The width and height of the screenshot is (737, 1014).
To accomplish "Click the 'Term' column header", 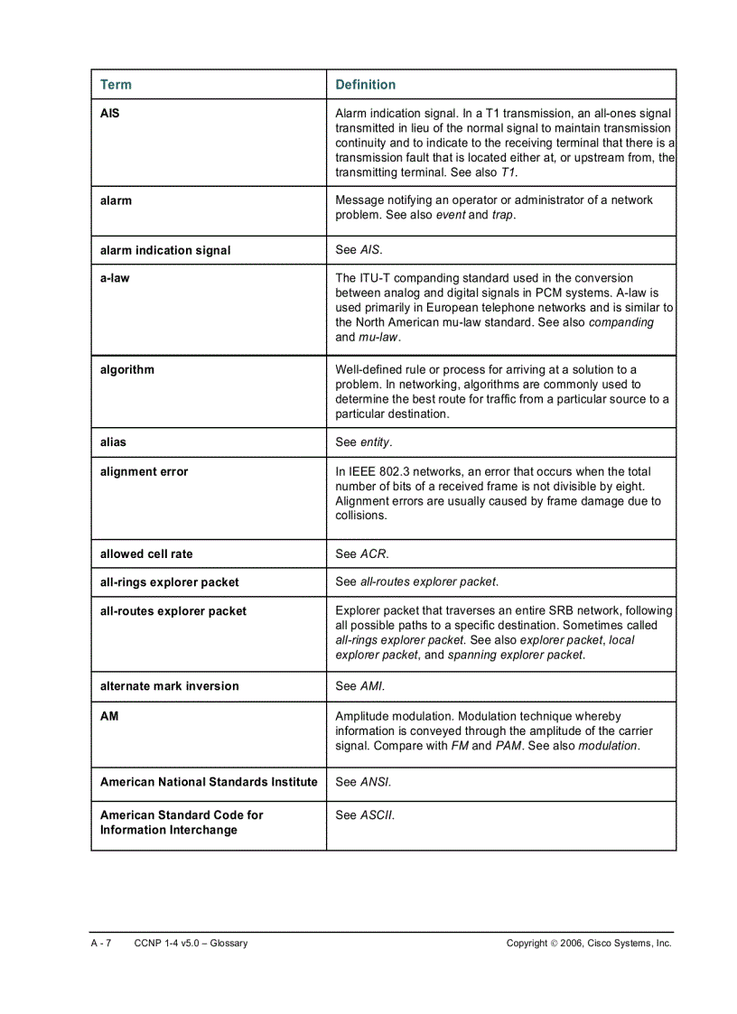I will (x=116, y=85).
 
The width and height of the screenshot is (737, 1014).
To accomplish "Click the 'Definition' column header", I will (x=365, y=85).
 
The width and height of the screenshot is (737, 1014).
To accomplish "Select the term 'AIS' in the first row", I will (x=109, y=114).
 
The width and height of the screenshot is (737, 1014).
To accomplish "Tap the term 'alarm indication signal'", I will (x=165, y=250).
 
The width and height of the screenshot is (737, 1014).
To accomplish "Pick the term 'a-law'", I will (x=115, y=278).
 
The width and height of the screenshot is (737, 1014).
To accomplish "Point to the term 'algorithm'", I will (x=127, y=369).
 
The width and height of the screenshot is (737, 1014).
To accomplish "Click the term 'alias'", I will (x=113, y=442).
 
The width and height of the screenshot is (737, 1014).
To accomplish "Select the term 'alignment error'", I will (x=145, y=471).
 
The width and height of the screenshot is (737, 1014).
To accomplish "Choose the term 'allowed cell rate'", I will (x=146, y=554).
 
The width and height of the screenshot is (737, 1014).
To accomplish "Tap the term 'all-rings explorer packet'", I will (x=170, y=582).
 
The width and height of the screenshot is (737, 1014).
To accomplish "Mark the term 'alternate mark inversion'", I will (x=170, y=686).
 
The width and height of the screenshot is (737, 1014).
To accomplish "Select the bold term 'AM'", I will (x=109, y=716).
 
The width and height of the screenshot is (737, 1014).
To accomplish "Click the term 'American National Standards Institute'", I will (x=209, y=782).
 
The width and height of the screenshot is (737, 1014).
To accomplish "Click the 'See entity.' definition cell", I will (x=364, y=442).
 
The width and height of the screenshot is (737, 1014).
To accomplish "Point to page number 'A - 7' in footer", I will (x=100, y=944).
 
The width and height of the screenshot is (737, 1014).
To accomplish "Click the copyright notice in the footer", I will (x=589, y=944).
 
